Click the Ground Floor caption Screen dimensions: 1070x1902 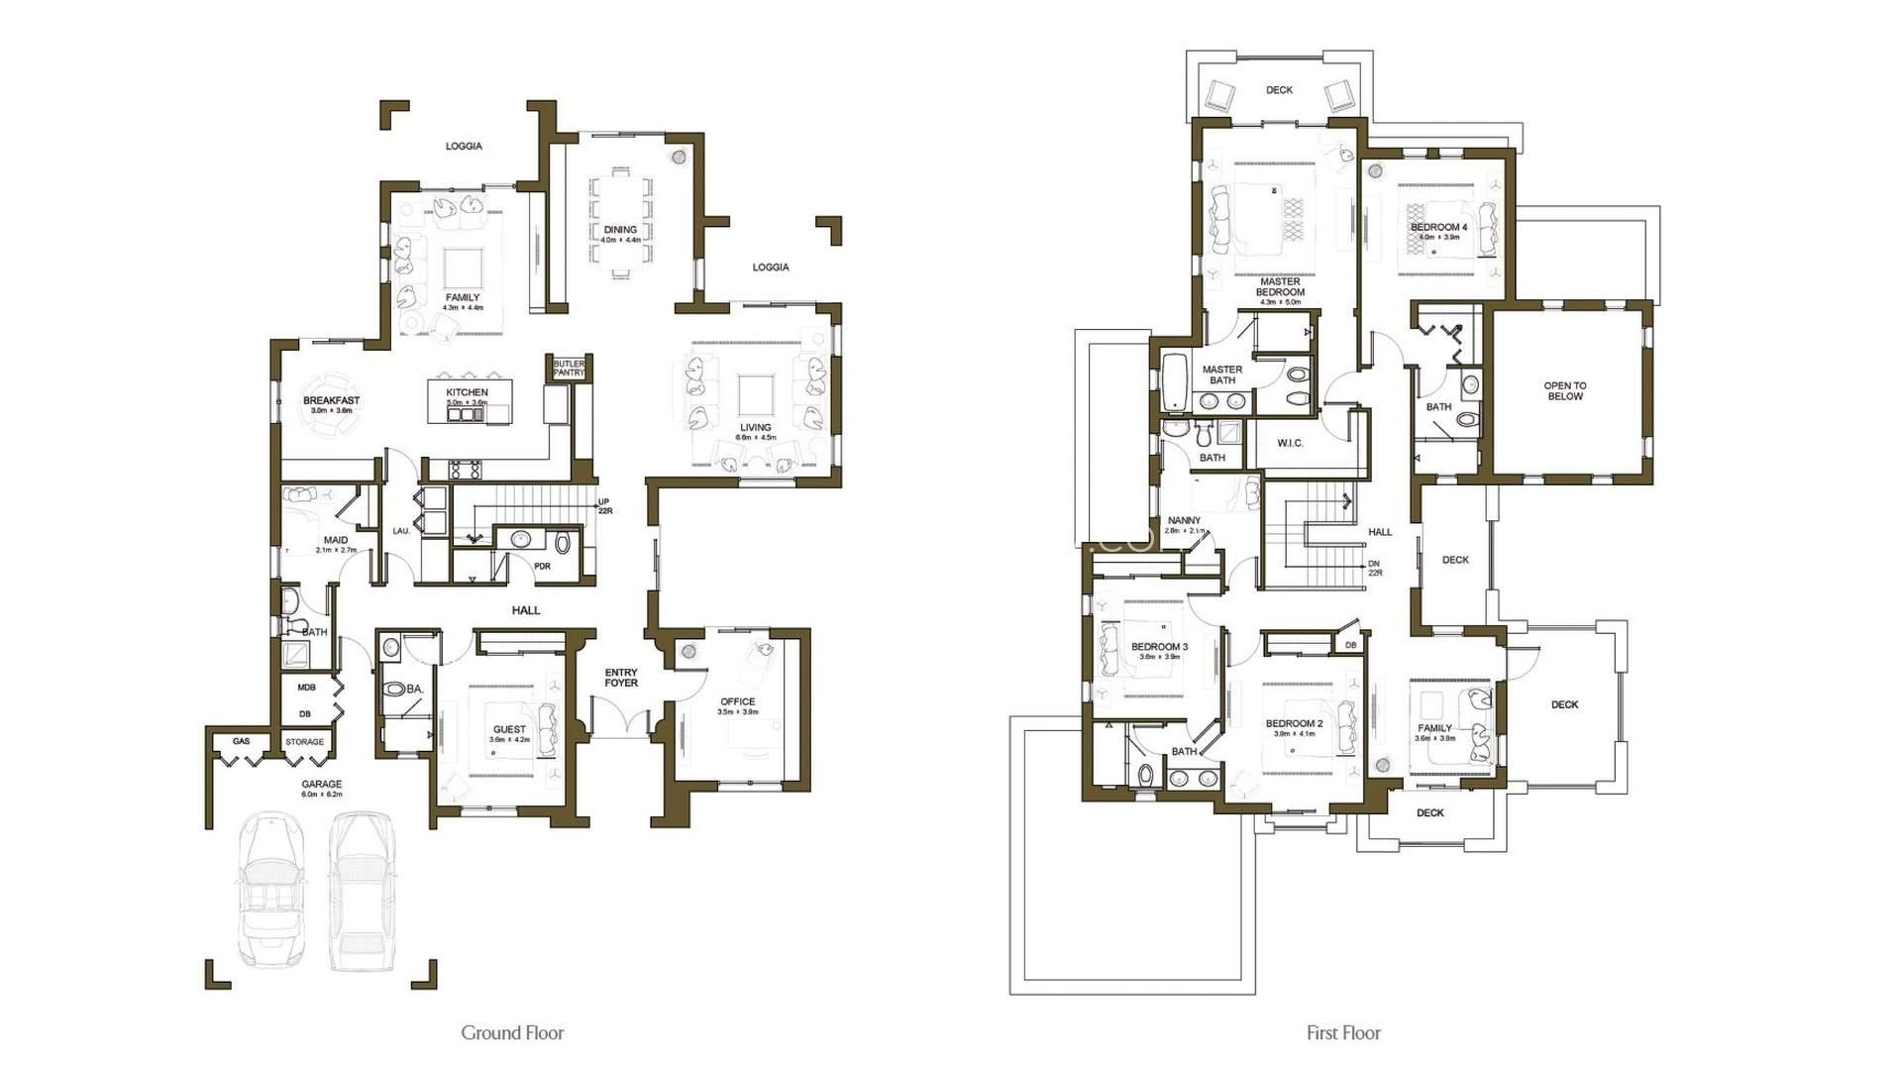click(x=512, y=1032)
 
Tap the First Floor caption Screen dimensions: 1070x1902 click(x=1343, y=1032)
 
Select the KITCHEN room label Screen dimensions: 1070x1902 click(x=467, y=393)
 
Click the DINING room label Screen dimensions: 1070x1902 click(x=620, y=230)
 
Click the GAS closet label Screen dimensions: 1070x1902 click(x=241, y=741)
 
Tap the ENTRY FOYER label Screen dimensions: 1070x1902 click(x=621, y=678)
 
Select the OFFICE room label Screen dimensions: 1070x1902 click(x=737, y=702)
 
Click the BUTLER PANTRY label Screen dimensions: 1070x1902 click(x=569, y=368)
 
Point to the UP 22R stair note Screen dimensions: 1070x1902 click(x=603, y=506)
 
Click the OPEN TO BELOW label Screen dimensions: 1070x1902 click(x=1564, y=391)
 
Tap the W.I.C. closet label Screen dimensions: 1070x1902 click(x=1290, y=443)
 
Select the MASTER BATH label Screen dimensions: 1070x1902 click(x=1222, y=374)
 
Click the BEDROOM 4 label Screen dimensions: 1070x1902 click(x=1438, y=228)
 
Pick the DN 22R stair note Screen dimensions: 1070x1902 click(x=1374, y=568)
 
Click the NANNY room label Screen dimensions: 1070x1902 click(x=1184, y=521)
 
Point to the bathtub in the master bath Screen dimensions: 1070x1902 click(x=1173, y=381)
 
